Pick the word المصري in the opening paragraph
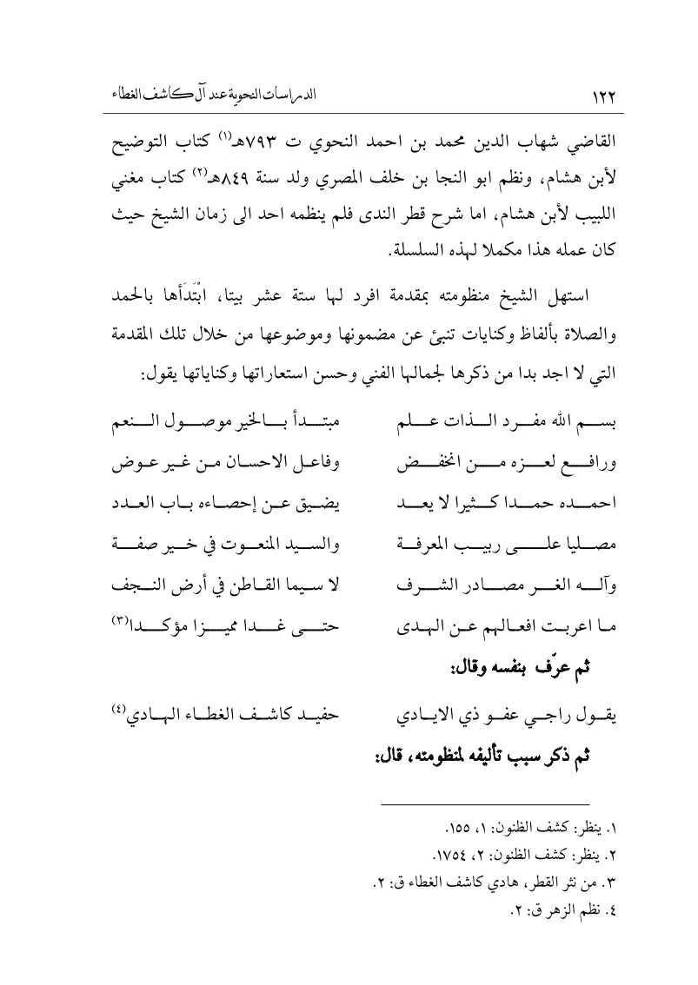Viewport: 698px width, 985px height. coord(314,171)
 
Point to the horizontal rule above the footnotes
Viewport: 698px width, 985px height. coord(487,803)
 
